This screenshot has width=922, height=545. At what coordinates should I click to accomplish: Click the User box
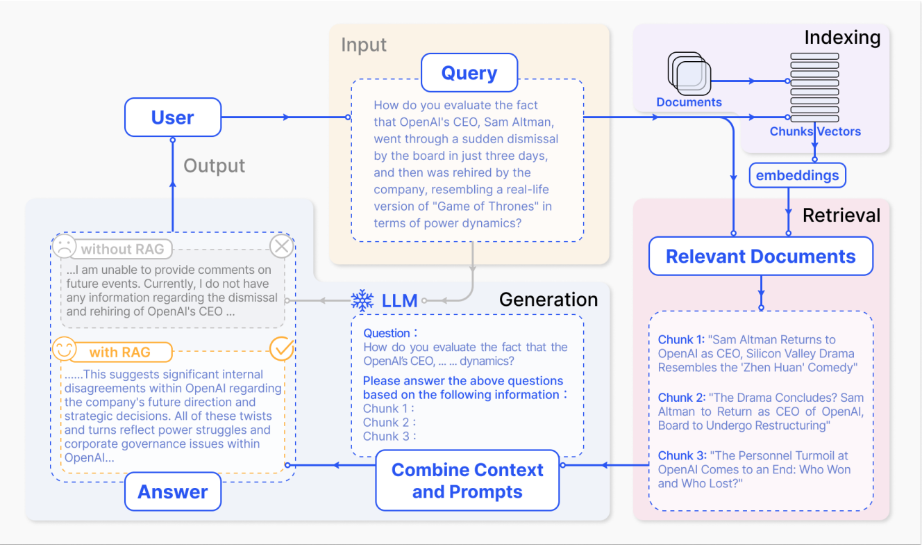tap(173, 117)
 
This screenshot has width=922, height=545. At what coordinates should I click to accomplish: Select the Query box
tap(469, 73)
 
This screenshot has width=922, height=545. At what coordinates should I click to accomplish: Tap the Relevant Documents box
tap(760, 257)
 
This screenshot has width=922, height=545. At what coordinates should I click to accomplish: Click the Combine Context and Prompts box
tap(467, 480)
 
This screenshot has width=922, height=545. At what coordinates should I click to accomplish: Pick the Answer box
tap(173, 491)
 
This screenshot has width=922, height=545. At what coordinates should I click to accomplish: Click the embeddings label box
tap(797, 175)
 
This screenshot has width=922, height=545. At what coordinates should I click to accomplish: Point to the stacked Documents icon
tap(689, 74)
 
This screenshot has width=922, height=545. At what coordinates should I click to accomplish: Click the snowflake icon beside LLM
tap(362, 300)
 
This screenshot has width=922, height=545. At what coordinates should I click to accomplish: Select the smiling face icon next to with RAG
tap(63, 349)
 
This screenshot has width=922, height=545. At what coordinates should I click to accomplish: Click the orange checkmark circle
tap(281, 349)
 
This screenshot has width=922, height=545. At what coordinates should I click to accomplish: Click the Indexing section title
tap(842, 37)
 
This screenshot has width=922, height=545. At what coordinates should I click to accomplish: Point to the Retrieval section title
tap(841, 215)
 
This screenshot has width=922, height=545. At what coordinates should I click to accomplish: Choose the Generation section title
tap(548, 300)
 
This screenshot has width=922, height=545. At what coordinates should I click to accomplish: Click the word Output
tap(214, 166)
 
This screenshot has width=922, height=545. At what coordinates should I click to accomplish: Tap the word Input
tap(364, 46)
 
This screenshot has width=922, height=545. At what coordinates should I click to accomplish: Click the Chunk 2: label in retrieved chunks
tap(681, 398)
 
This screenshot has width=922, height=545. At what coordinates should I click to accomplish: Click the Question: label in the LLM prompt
tap(391, 334)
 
